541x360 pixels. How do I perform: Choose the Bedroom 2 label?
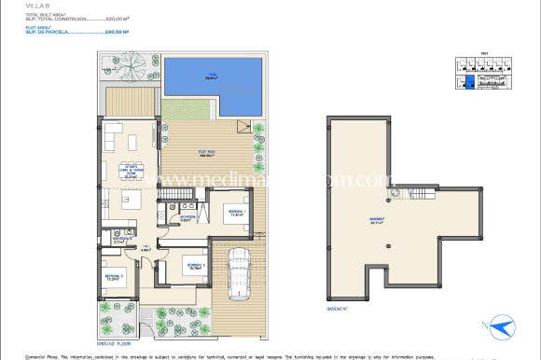pos(192,264)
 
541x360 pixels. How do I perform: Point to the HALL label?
pos(146,247)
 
